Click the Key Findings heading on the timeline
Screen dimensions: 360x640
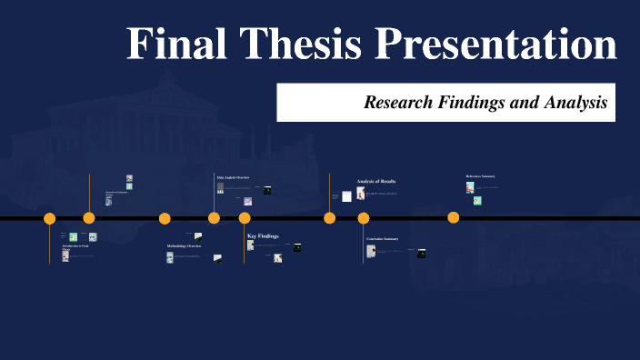tap(263, 236)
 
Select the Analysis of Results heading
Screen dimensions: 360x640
tap(375, 182)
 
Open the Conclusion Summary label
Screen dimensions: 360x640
tap(383, 239)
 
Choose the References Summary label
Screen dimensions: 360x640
tap(480, 176)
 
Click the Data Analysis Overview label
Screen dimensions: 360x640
tap(233, 176)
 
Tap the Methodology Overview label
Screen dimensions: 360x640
tap(184, 246)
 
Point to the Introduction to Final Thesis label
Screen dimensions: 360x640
tap(75, 247)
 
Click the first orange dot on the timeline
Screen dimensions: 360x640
tap(50, 218)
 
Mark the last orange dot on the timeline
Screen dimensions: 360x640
tap(454, 217)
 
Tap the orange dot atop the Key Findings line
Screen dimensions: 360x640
tap(245, 218)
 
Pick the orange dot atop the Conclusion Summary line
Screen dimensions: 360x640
tap(364, 218)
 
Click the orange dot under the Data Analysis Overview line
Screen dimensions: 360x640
tap(214, 218)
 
